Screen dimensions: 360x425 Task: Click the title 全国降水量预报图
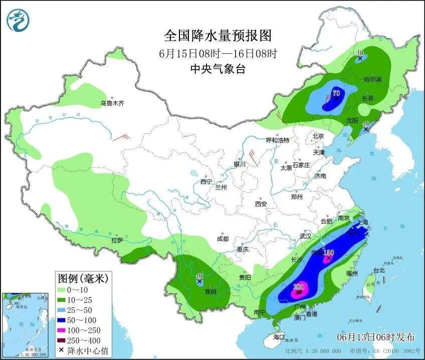point(218,36)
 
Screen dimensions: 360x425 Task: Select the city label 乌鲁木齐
point(111,103)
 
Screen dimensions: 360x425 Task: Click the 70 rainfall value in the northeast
point(336,93)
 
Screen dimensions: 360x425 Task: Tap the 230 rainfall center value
point(299,287)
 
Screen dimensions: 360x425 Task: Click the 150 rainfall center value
point(329,252)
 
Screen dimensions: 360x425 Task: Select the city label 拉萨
point(117,240)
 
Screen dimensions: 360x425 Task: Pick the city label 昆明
point(210,291)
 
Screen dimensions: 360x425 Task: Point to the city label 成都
point(223,239)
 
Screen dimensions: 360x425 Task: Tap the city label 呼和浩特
point(277,140)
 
